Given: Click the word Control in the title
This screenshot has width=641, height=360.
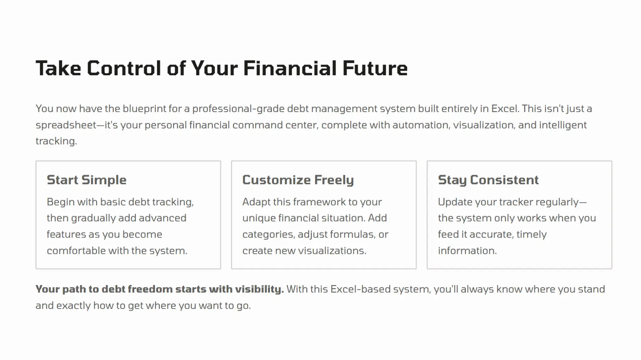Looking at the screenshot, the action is [x=124, y=68].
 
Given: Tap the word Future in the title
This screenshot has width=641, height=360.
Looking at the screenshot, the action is [x=375, y=68].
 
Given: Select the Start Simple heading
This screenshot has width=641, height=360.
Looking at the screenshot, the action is [x=87, y=180].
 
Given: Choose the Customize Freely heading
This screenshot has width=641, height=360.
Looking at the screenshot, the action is [x=298, y=180].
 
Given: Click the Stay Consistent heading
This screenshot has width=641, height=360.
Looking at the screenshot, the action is [x=488, y=180].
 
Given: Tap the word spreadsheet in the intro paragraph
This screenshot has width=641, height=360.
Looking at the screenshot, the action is [x=66, y=125].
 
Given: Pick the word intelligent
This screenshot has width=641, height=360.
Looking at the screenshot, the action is [x=563, y=125].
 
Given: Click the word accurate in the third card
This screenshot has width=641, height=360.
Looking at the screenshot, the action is [x=492, y=234].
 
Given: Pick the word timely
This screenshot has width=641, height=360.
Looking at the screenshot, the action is [x=531, y=234].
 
